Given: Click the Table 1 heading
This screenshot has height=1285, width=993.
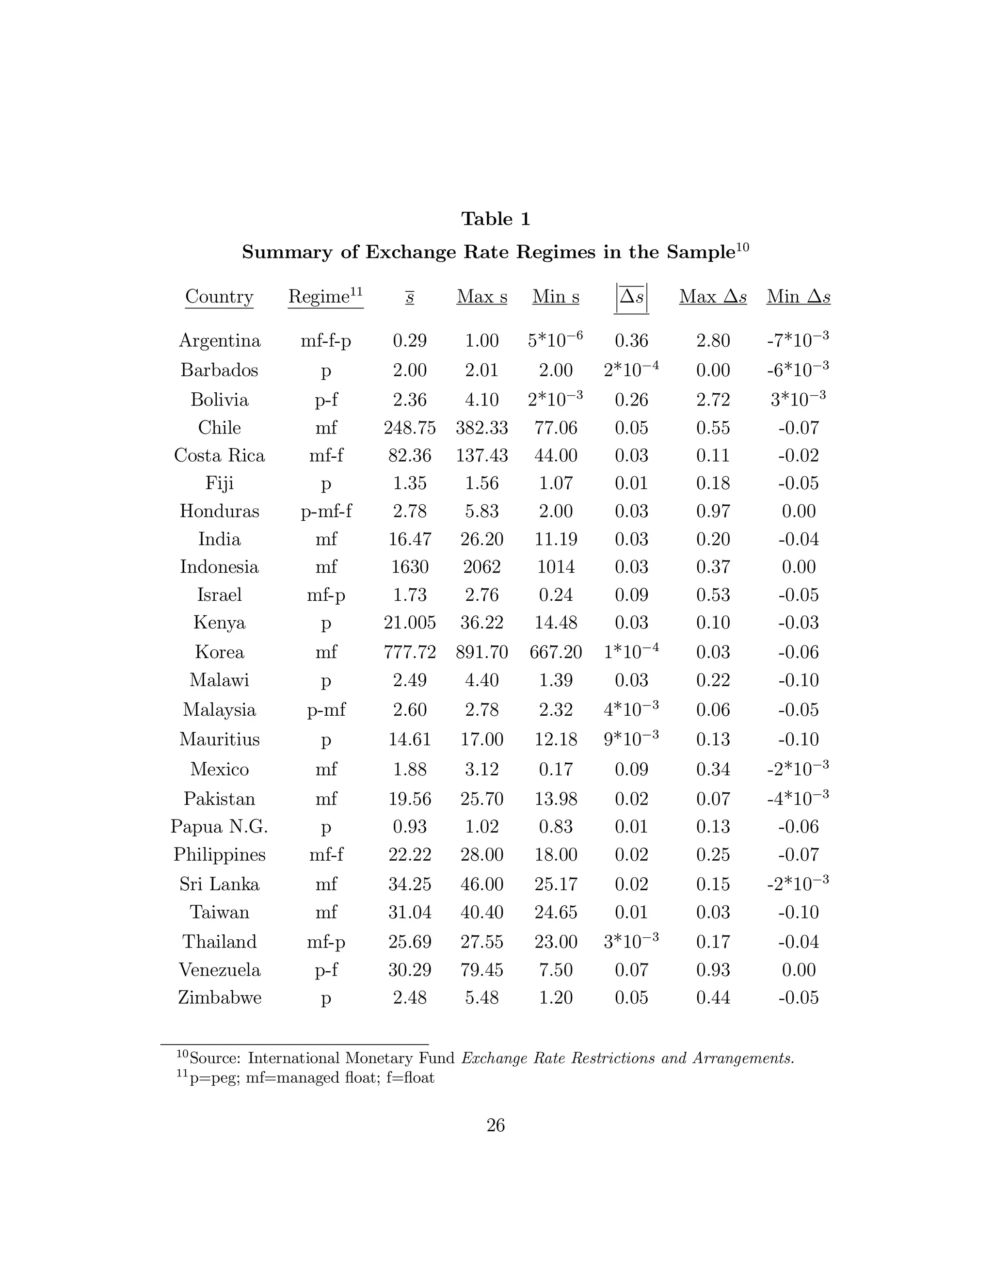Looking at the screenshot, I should tap(496, 219).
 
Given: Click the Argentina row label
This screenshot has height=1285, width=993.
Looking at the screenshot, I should tap(220, 341).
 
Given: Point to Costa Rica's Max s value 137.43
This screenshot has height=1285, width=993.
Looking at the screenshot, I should tap(482, 455).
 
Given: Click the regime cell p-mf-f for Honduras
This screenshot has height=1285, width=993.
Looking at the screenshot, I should tap(326, 511).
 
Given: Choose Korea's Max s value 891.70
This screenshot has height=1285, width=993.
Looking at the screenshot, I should tap(482, 652).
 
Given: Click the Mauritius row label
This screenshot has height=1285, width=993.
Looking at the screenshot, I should tap(220, 739).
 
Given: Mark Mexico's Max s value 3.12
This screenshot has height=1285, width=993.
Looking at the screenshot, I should tap(482, 770).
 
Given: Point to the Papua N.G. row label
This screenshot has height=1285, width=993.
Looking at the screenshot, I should tap(220, 827).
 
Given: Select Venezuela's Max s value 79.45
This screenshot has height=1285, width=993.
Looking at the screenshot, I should tap(482, 970).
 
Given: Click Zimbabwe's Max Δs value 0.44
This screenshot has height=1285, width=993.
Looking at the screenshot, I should tap(713, 997).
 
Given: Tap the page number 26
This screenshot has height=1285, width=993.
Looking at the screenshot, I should tap(496, 1125).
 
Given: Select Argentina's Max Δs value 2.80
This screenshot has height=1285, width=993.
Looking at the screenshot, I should tap(713, 341).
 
